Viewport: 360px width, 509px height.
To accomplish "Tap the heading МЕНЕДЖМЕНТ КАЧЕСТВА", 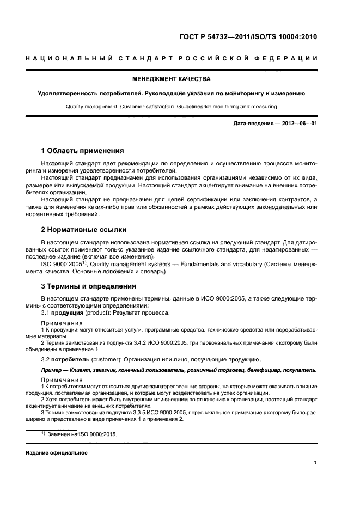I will click(180, 79).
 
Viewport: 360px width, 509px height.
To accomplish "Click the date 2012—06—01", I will click(299, 124).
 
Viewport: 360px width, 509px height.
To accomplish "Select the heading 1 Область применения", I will click(83, 150).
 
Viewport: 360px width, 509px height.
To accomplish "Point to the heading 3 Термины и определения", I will click(89, 286).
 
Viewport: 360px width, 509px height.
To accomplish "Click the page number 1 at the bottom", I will click(315, 463).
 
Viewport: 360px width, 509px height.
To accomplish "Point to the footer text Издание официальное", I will click(57, 452).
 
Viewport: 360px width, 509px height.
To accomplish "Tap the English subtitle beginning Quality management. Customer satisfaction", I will click(180, 107).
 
